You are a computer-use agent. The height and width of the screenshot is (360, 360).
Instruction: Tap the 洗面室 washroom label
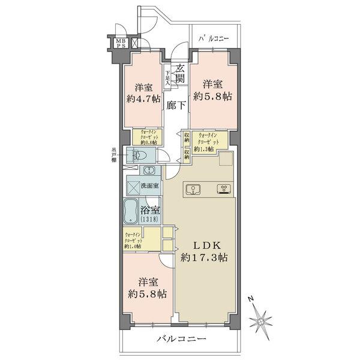[x=149, y=185]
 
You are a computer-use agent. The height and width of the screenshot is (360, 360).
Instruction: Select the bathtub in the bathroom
[x=131, y=211]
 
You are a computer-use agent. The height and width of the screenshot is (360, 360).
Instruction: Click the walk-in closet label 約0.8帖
[x=150, y=137]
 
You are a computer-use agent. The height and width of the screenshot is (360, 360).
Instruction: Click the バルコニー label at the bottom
[x=181, y=339]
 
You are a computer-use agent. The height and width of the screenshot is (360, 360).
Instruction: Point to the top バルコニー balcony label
[x=213, y=39]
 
